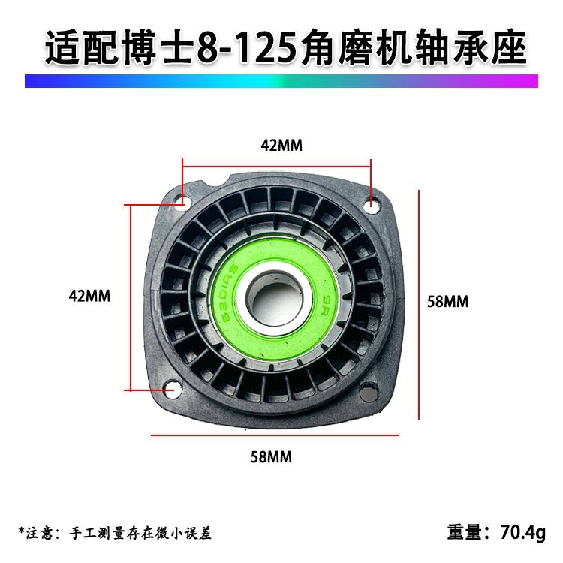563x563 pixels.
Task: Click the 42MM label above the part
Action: pos(281,146)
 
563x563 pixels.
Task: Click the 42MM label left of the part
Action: pos(89,297)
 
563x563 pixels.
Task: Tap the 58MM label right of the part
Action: pos(447,302)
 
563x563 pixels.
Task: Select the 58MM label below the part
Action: pos(271,457)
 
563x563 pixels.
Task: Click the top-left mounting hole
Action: pos(179,200)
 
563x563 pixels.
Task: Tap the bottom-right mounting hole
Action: pos(368,392)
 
